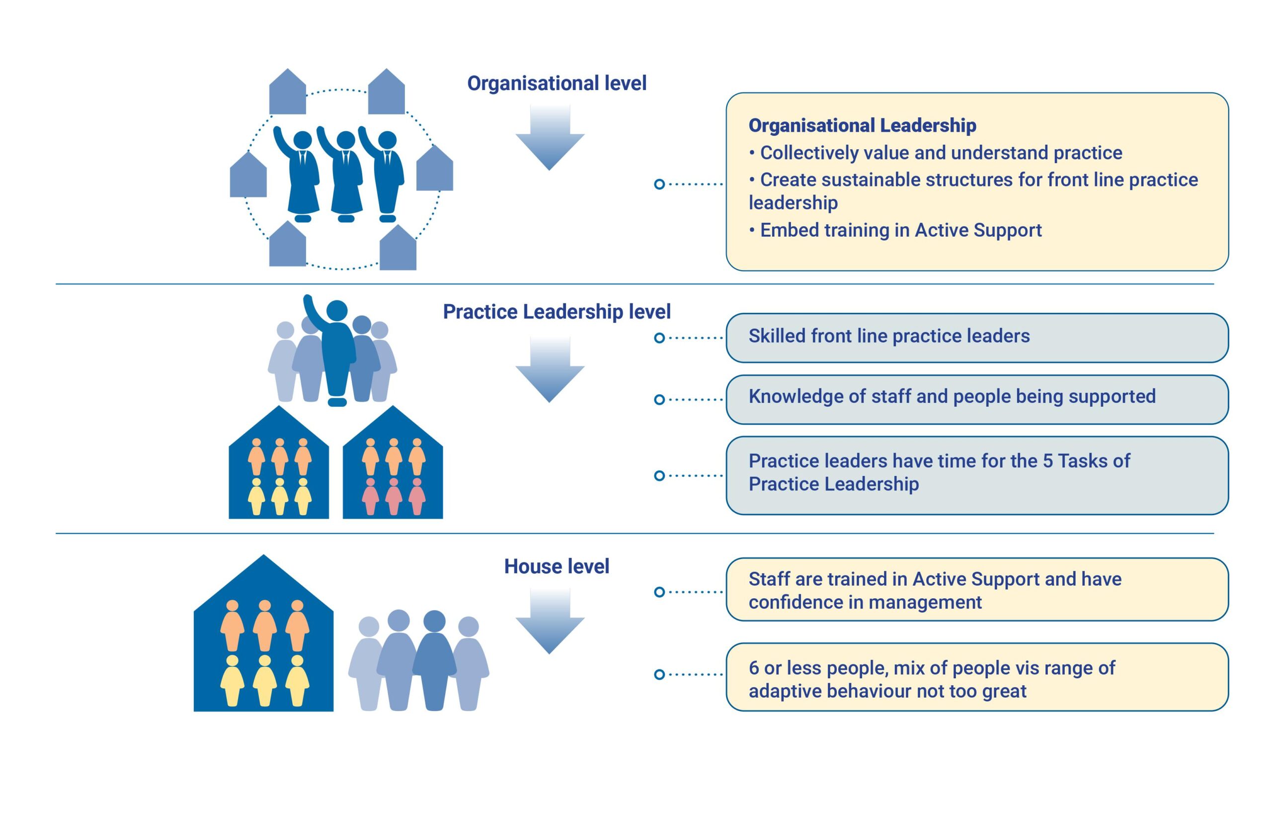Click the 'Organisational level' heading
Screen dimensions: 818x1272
click(x=556, y=84)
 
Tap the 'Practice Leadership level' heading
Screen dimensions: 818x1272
click(x=556, y=312)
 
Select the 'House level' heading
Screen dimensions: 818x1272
click(x=556, y=566)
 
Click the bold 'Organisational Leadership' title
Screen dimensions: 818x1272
click(x=862, y=126)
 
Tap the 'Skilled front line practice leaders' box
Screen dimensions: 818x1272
click(x=976, y=338)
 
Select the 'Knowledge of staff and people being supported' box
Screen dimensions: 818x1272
click(x=976, y=399)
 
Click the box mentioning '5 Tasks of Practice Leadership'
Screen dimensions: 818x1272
click(x=976, y=475)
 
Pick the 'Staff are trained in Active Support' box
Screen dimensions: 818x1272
click(x=976, y=590)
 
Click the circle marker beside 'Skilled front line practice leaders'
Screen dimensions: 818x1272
click(x=659, y=338)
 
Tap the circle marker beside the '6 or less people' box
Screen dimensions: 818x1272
click(x=659, y=675)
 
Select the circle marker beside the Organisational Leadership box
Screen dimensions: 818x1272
click(x=659, y=184)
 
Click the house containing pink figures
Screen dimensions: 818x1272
click(x=393, y=467)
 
